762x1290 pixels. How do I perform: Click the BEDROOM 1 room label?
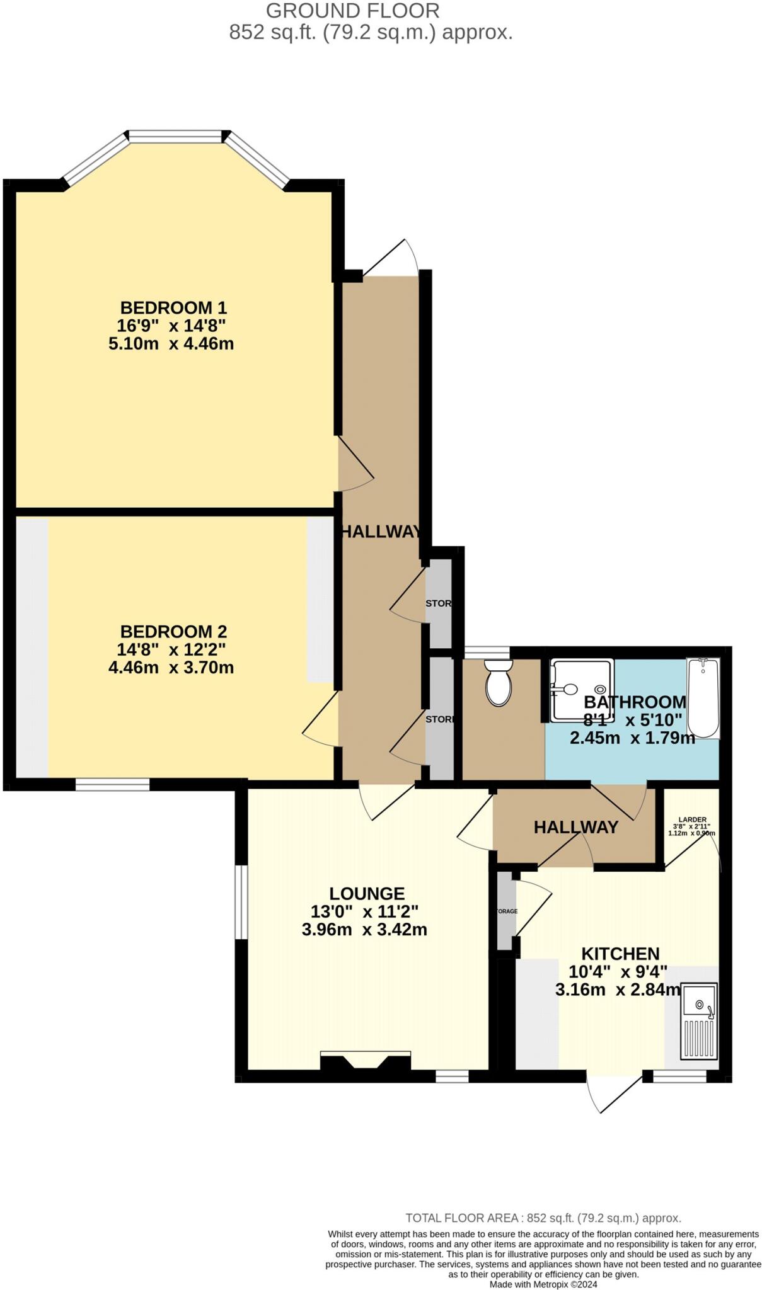click(x=173, y=308)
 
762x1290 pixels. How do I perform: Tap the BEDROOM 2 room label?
click(x=173, y=631)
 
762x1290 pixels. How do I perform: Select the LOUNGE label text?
click(x=367, y=893)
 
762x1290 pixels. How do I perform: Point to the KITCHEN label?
click(x=620, y=954)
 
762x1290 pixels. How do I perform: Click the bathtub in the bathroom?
click(x=703, y=698)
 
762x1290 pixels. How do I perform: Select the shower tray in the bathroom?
click(x=581, y=690)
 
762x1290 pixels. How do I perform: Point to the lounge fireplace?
click(x=366, y=1061)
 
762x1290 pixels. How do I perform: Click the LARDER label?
click(x=692, y=819)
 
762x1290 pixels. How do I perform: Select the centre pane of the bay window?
click(x=176, y=136)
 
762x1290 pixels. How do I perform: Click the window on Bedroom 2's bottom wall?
click(x=113, y=784)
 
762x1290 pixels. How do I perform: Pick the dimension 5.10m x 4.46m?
click(x=171, y=344)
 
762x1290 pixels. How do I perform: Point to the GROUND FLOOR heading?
click(x=352, y=11)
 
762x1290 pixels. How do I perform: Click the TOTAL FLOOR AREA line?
click(x=543, y=1218)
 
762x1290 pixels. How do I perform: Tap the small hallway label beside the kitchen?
click(x=575, y=827)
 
